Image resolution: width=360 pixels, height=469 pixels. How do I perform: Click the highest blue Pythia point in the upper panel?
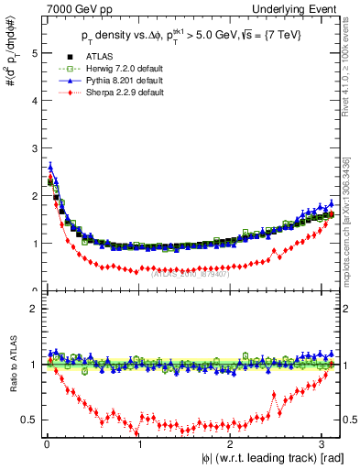point(50,167)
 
